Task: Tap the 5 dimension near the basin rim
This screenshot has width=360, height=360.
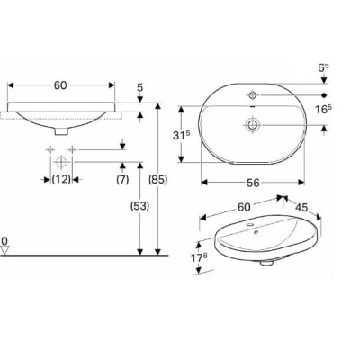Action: [140, 88]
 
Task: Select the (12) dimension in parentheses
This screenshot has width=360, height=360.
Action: [61, 180]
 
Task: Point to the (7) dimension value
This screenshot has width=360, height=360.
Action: [121, 180]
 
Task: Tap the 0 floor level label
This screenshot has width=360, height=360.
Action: [4, 241]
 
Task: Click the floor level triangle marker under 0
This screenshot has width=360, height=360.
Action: [5, 252]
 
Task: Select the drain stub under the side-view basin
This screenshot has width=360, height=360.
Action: [60, 131]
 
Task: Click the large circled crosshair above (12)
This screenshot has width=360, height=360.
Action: [62, 162]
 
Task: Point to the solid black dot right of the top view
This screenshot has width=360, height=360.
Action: [325, 94]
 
